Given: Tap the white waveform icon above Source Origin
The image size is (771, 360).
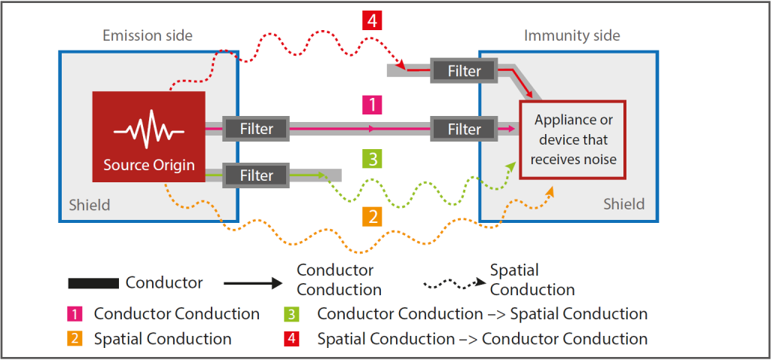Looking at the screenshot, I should tap(148, 129).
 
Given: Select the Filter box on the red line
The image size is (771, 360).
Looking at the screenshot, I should tap(465, 71).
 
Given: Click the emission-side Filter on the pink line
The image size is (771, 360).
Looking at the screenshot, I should tap(257, 129).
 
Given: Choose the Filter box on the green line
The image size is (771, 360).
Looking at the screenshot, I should tap(257, 175).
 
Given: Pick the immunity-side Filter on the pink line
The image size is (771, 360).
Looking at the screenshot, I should tap(465, 129).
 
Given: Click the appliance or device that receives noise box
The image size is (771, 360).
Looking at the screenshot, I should tap(572, 140).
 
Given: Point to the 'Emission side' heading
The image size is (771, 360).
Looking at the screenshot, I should tap(147, 35).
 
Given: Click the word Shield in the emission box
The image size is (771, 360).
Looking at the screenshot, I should tap(90, 205).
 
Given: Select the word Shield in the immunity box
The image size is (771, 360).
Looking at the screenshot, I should tap(624, 204).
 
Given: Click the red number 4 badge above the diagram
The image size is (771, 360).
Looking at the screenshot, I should tap(372, 19).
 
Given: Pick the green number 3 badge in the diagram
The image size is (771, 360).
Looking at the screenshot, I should tap(372, 159).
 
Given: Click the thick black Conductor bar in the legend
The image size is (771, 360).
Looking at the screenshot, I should tap(93, 283).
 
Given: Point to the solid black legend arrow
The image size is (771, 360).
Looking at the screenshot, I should tap(253, 283).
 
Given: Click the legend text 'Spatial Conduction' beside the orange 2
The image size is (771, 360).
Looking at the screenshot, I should tap(163, 339).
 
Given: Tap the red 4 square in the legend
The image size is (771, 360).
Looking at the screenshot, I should tap(294, 339).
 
